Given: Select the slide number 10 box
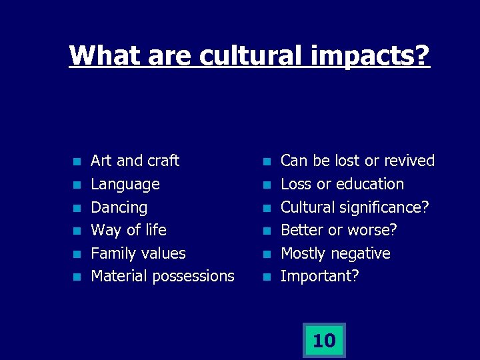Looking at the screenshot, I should click(324, 341).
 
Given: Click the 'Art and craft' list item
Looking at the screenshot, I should click(135, 161).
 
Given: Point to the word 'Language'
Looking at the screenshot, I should click(125, 184).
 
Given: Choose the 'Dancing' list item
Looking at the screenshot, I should click(119, 207).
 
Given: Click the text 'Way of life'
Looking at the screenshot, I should click(128, 230).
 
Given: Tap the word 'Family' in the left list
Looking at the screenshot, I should click(111, 253).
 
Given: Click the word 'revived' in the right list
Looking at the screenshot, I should click(409, 161).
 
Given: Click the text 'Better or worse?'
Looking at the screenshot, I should click(339, 230).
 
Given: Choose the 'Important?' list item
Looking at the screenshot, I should click(319, 276).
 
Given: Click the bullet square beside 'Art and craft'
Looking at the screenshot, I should click(77, 162).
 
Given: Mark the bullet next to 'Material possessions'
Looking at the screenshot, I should click(77, 277).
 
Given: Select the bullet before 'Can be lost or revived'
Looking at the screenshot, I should click(267, 162).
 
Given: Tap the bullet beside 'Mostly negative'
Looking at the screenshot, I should click(267, 254).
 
